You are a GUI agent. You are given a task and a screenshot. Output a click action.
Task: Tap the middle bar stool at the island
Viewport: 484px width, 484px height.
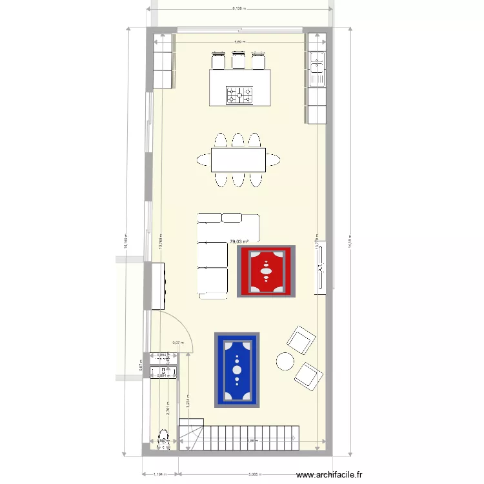pyautogui.click(x=238, y=61)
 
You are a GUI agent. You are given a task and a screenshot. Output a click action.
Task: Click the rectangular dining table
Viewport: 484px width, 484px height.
pyautogui.click(x=238, y=160)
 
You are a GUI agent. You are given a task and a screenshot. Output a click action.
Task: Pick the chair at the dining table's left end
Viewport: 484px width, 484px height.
pyautogui.click(x=202, y=160)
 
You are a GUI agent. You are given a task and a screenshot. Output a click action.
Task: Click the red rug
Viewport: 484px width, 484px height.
pyautogui.click(x=266, y=271)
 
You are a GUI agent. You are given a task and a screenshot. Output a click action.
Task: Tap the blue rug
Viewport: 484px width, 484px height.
pyautogui.click(x=237, y=370)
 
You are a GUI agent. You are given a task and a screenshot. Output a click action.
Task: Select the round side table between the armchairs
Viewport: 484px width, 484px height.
pyautogui.click(x=285, y=361)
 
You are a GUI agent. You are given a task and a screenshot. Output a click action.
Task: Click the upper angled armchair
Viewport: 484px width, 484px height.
pyautogui.click(x=301, y=339)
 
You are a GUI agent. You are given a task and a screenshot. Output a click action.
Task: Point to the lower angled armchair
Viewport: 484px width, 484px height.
pyautogui.click(x=308, y=376)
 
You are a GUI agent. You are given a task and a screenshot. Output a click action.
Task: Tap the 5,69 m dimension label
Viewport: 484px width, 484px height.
pyautogui.click(x=239, y=42)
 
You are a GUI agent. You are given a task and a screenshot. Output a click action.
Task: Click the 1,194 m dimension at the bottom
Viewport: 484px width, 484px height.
pyautogui.click(x=159, y=474)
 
